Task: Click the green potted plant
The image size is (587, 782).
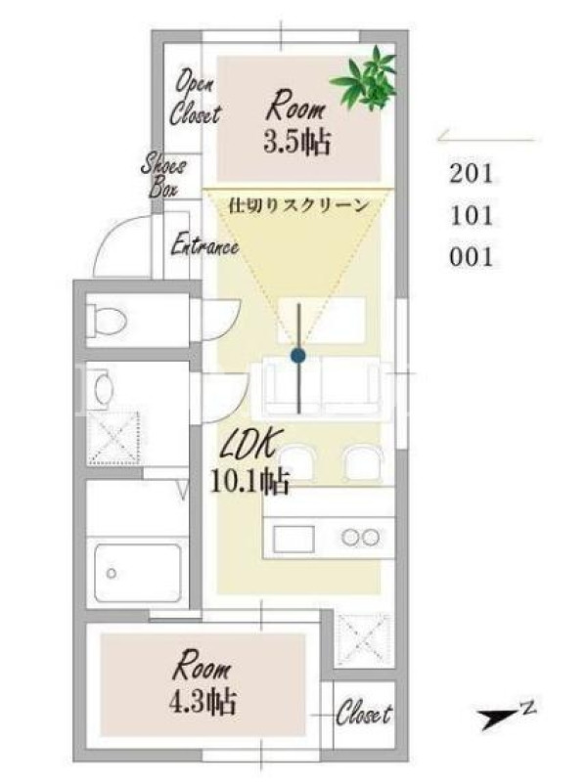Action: tap(366, 80)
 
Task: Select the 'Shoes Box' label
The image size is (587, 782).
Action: tap(162, 175)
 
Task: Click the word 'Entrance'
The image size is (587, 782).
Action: tap(204, 245)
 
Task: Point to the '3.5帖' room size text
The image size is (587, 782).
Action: tap(297, 142)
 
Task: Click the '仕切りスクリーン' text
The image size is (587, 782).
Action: tap(298, 205)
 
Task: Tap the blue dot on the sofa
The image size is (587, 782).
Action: tap(298, 356)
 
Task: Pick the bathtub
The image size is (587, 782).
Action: tap(138, 574)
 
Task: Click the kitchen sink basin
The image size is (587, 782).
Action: tap(293, 540)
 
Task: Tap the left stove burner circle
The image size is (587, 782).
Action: tap(350, 537)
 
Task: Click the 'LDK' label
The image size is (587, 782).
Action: tap(248, 443)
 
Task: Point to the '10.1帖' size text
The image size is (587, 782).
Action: tap(249, 481)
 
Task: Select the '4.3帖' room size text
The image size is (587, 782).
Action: tap(203, 702)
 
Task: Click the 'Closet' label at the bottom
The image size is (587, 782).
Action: tap(364, 713)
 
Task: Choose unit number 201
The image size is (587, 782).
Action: tap(472, 174)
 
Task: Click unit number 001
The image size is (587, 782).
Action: tap(472, 257)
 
